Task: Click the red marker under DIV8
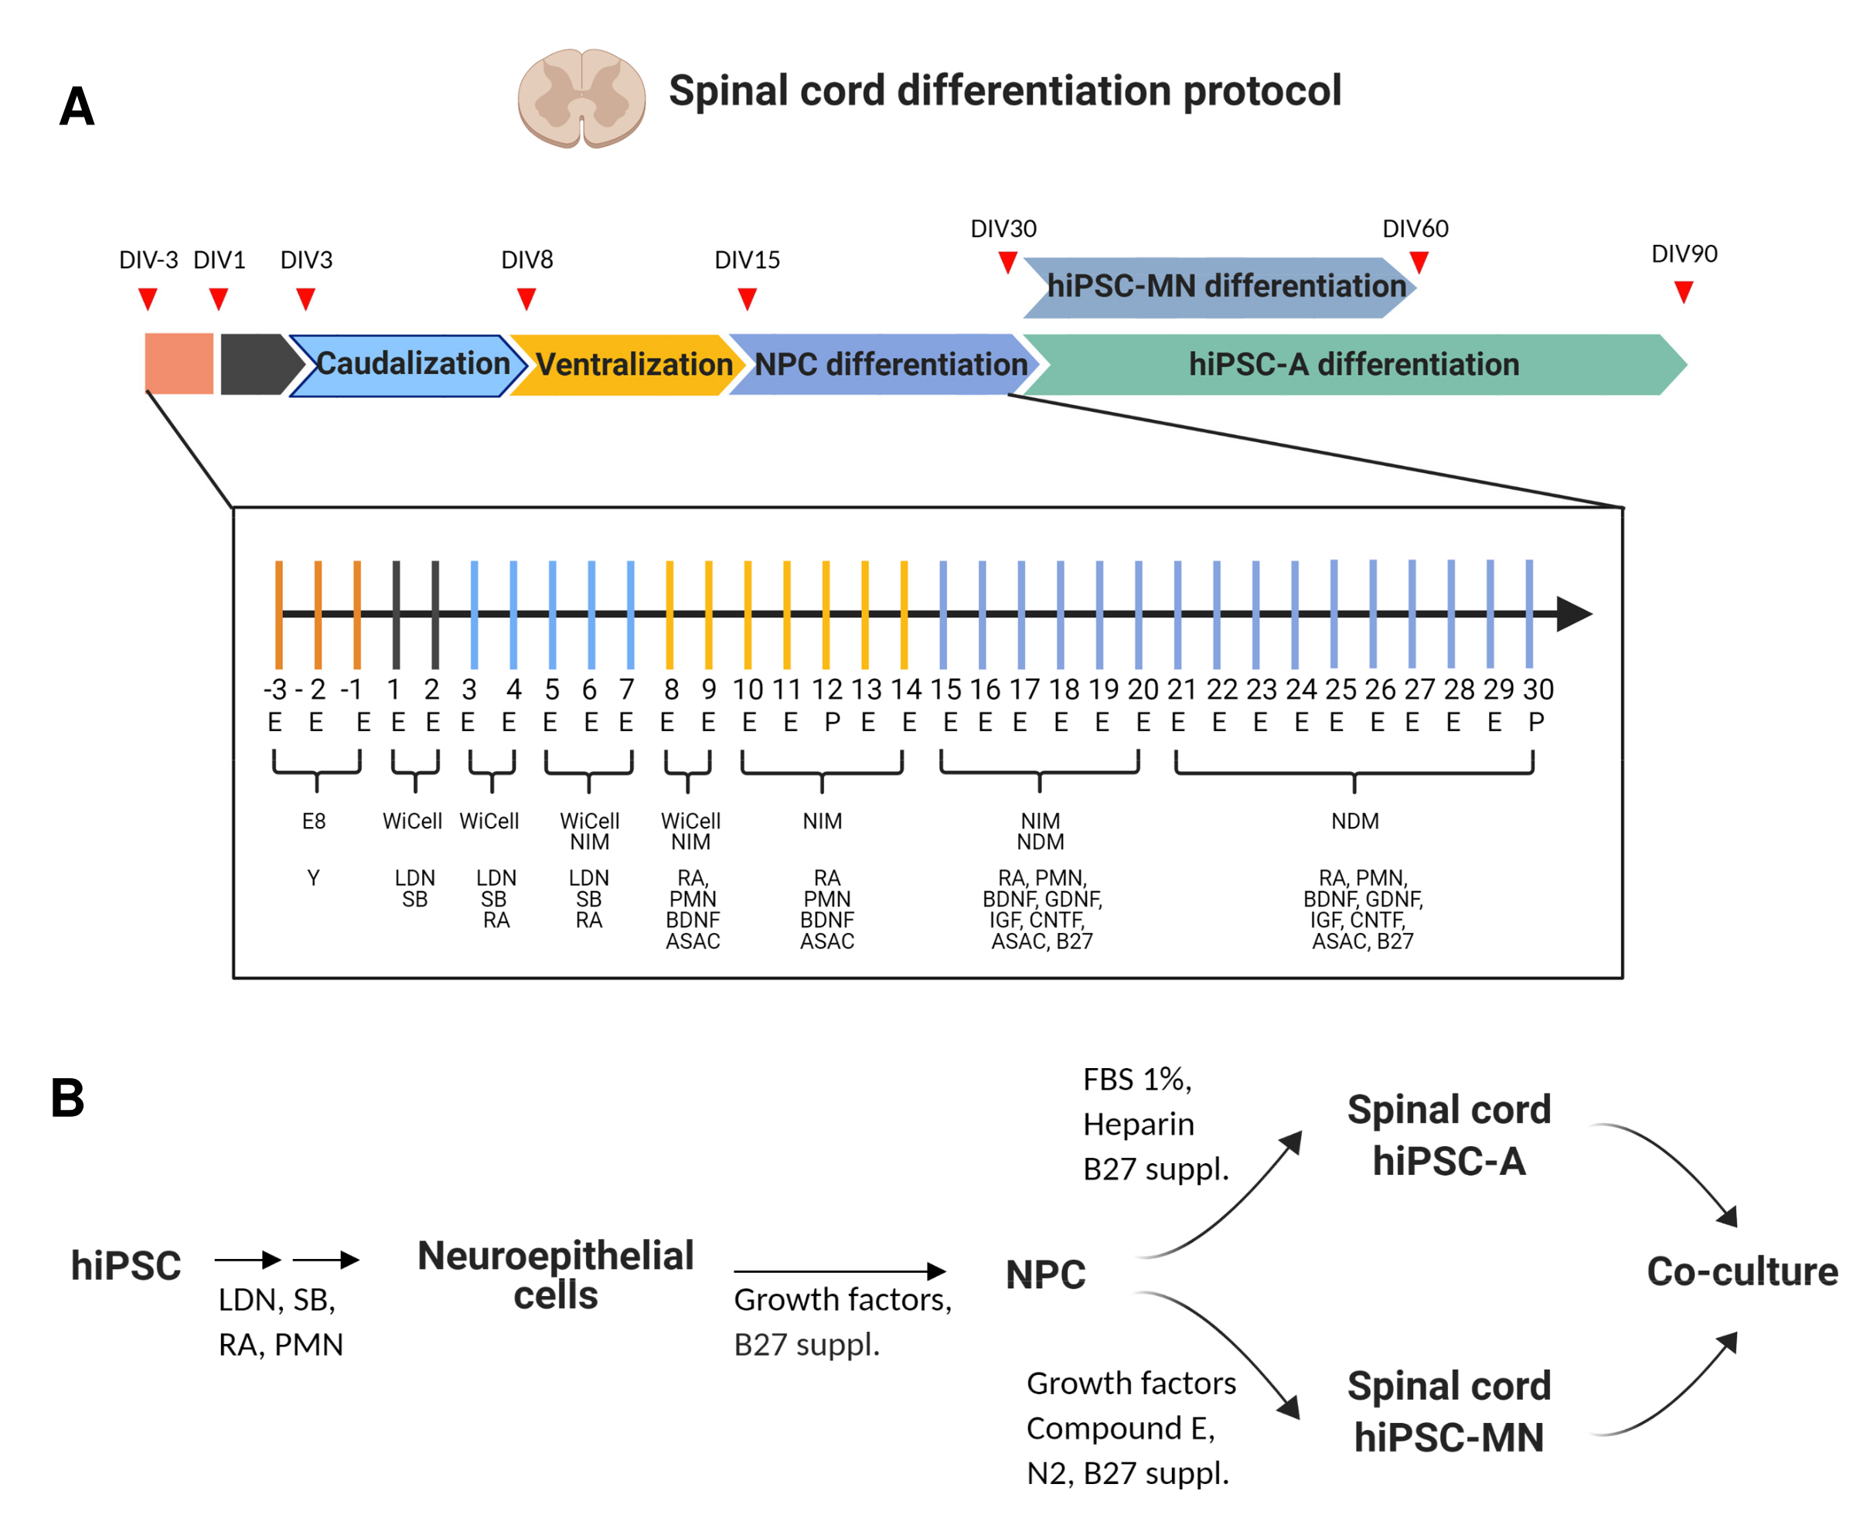pyautogui.click(x=526, y=299)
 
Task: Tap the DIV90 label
pyautogui.click(x=1683, y=254)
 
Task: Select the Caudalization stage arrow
pyautogui.click(x=409, y=364)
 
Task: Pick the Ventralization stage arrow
pyautogui.click(x=629, y=364)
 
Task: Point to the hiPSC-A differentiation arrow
pyautogui.click(x=1354, y=364)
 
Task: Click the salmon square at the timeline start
pyautogui.click(x=179, y=363)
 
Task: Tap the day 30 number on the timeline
pyautogui.click(x=1538, y=689)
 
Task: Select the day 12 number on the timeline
pyautogui.click(x=826, y=689)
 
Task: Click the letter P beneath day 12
pyautogui.click(x=832, y=723)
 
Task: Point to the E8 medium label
pyautogui.click(x=313, y=822)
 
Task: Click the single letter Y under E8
pyautogui.click(x=313, y=877)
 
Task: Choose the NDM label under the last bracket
pyautogui.click(x=1354, y=822)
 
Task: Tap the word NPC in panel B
pyautogui.click(x=1046, y=1274)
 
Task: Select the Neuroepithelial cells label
pyautogui.click(x=555, y=1274)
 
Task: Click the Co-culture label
pyautogui.click(x=1742, y=1271)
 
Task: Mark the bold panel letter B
pyautogui.click(x=68, y=1098)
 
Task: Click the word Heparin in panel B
pyautogui.click(x=1138, y=1124)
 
